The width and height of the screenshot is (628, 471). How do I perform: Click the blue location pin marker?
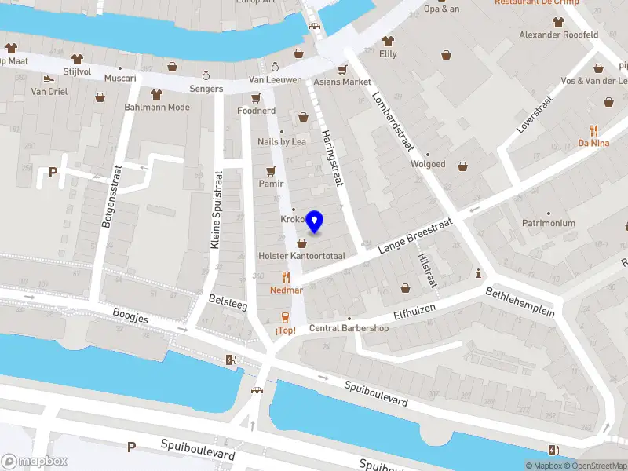click(x=315, y=222)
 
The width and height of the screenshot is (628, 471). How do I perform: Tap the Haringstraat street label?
click(x=333, y=158)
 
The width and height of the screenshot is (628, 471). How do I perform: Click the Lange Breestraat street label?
click(x=415, y=236)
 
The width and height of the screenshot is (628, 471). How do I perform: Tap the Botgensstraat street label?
click(x=110, y=196)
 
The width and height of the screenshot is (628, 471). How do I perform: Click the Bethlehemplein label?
click(x=520, y=301)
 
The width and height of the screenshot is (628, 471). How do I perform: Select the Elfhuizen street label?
click(x=415, y=312)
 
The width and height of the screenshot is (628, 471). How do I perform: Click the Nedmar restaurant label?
click(x=287, y=290)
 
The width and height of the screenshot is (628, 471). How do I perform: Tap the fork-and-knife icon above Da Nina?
click(x=594, y=130)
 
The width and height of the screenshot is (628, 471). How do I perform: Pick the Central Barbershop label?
click(x=349, y=328)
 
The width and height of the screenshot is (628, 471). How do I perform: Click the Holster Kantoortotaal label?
click(x=301, y=257)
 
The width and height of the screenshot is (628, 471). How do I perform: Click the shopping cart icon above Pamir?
click(x=272, y=170)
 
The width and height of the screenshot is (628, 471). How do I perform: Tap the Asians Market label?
click(x=341, y=82)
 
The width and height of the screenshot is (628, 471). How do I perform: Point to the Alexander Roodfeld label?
click(x=559, y=35)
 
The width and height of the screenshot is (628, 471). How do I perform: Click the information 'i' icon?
click(x=479, y=273)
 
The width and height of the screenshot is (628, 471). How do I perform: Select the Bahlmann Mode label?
click(x=157, y=108)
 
